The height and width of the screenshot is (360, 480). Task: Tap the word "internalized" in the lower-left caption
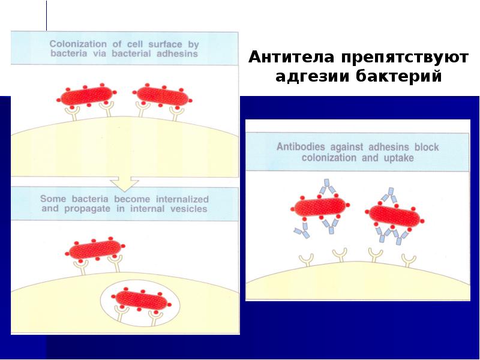point(178,199)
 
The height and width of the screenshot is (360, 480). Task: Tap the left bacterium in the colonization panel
point(86,96)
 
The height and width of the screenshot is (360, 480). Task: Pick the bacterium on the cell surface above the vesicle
point(95,250)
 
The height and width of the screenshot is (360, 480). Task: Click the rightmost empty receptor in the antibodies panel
point(409,259)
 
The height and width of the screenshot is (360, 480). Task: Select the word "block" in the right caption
point(428,146)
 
